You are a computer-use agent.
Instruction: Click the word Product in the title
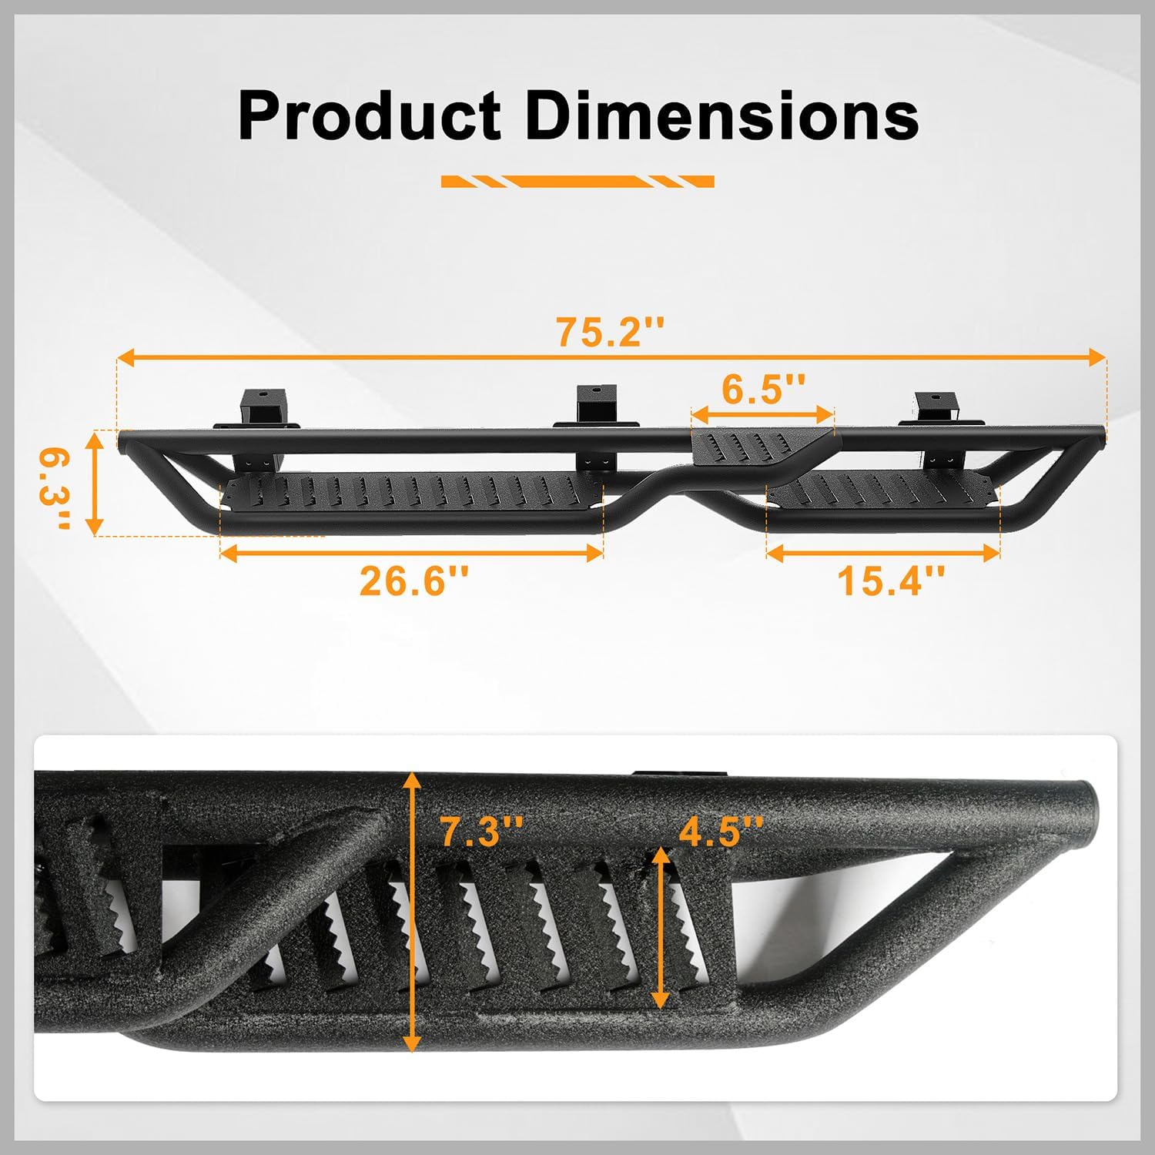(370, 115)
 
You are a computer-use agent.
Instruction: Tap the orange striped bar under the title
(577, 182)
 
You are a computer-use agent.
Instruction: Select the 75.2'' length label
(610, 332)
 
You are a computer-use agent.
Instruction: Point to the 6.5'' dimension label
(763, 389)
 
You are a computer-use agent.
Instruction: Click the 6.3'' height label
(55, 489)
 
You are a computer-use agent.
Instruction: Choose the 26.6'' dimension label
(413, 581)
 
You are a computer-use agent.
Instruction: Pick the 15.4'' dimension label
(891, 581)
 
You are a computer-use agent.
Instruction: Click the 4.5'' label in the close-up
(721, 832)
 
